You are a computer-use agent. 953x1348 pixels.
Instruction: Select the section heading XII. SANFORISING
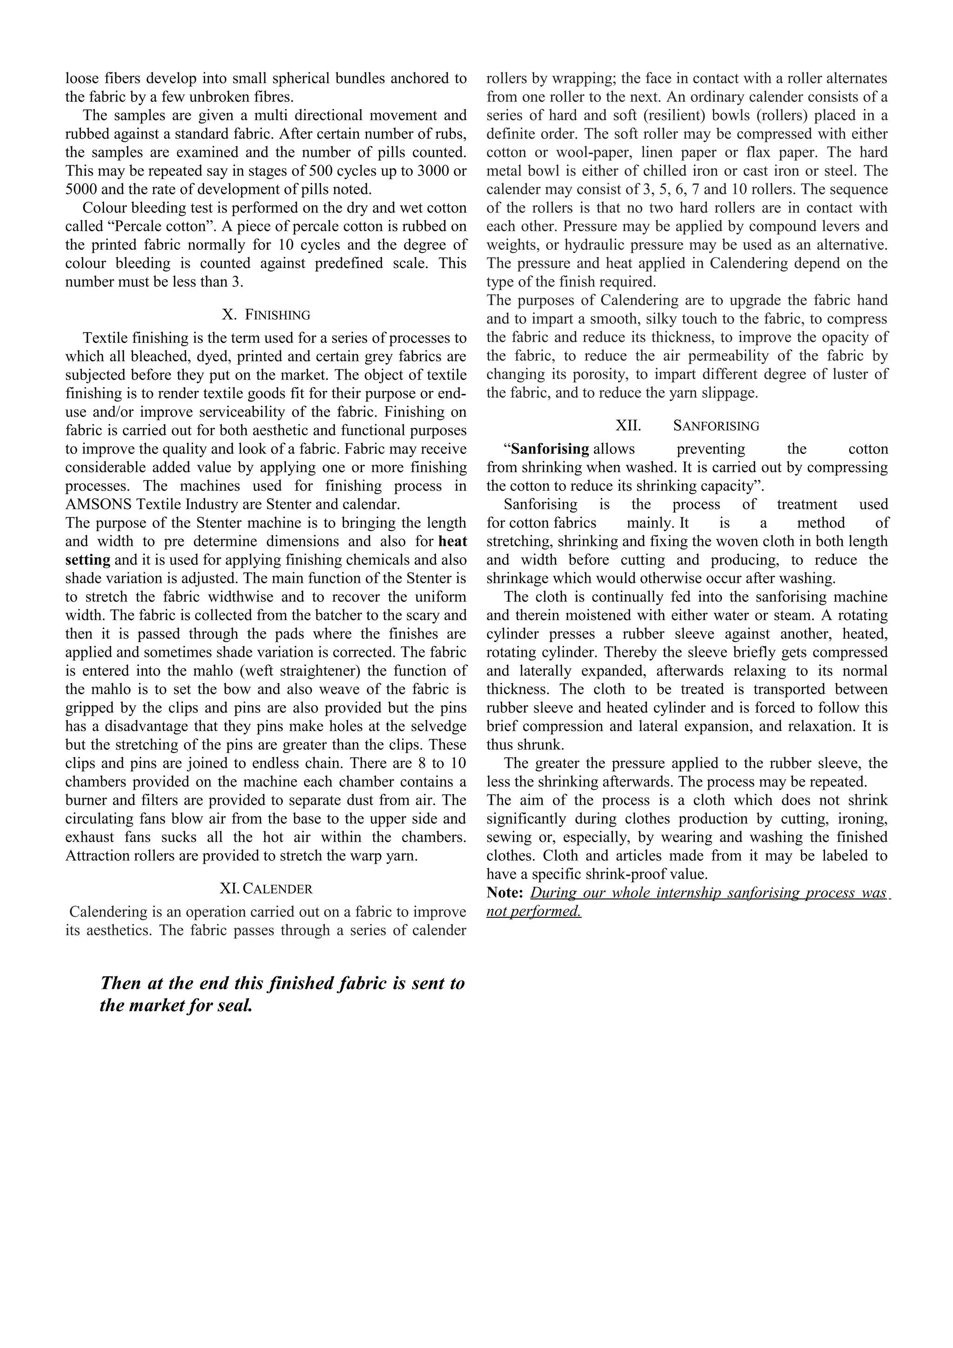(687, 426)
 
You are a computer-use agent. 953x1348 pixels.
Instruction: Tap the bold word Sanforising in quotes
(550, 449)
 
